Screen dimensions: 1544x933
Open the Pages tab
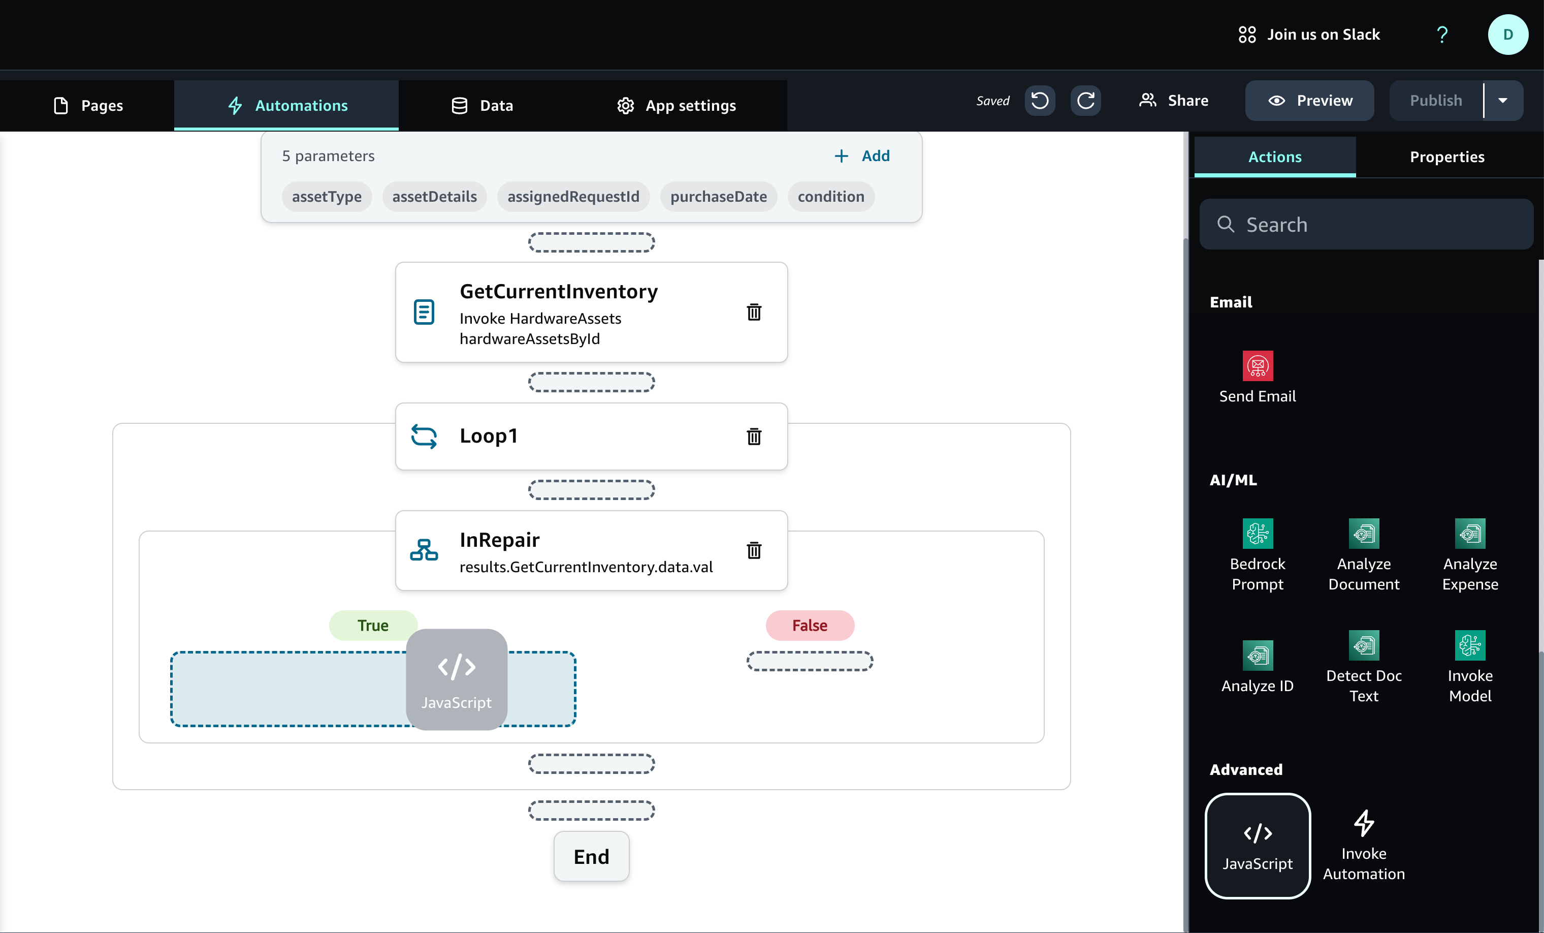coord(88,105)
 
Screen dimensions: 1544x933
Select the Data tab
coord(482,105)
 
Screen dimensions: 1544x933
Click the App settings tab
coord(676,105)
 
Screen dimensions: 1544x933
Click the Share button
coord(1173,100)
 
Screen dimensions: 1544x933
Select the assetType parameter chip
coord(327,196)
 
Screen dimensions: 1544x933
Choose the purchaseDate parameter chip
coord(718,196)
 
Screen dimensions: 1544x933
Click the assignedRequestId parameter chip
coord(573,196)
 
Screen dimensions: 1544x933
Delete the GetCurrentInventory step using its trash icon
coord(754,312)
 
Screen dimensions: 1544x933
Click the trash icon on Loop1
coord(754,436)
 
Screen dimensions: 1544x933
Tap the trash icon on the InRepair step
coord(754,550)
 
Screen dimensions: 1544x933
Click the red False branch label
coord(810,625)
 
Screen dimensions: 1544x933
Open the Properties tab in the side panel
coord(1447,157)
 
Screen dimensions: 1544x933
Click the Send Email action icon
coord(1258,366)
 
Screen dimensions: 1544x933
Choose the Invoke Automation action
coord(1364,845)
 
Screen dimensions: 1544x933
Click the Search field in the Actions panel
coord(1366,225)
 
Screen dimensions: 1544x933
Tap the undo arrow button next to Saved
coord(1040,100)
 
